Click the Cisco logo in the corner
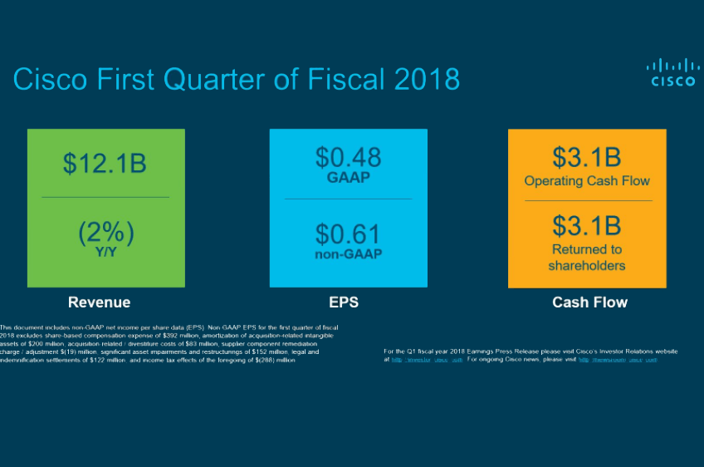tap(672, 72)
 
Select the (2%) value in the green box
tap(105, 233)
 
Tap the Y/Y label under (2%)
tap(105, 252)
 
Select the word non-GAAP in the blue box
tap(348, 254)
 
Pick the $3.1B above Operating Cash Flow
tap(586, 156)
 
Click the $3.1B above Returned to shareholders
tap(586, 225)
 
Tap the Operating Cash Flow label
tap(586, 180)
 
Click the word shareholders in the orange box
tap(586, 266)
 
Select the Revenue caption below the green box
tap(99, 302)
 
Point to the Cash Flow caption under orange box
tap(589, 302)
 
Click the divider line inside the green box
tap(105, 197)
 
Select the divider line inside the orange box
tap(587, 200)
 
